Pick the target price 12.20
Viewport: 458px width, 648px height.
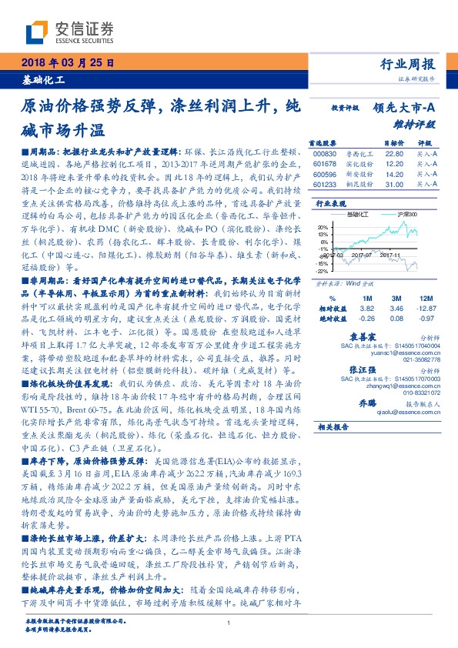point(373,163)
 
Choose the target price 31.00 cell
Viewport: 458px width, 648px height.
point(373,185)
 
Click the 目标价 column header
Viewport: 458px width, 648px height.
point(373,142)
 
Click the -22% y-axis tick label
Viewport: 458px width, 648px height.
point(322,271)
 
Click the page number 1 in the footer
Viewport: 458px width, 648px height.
point(229,623)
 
